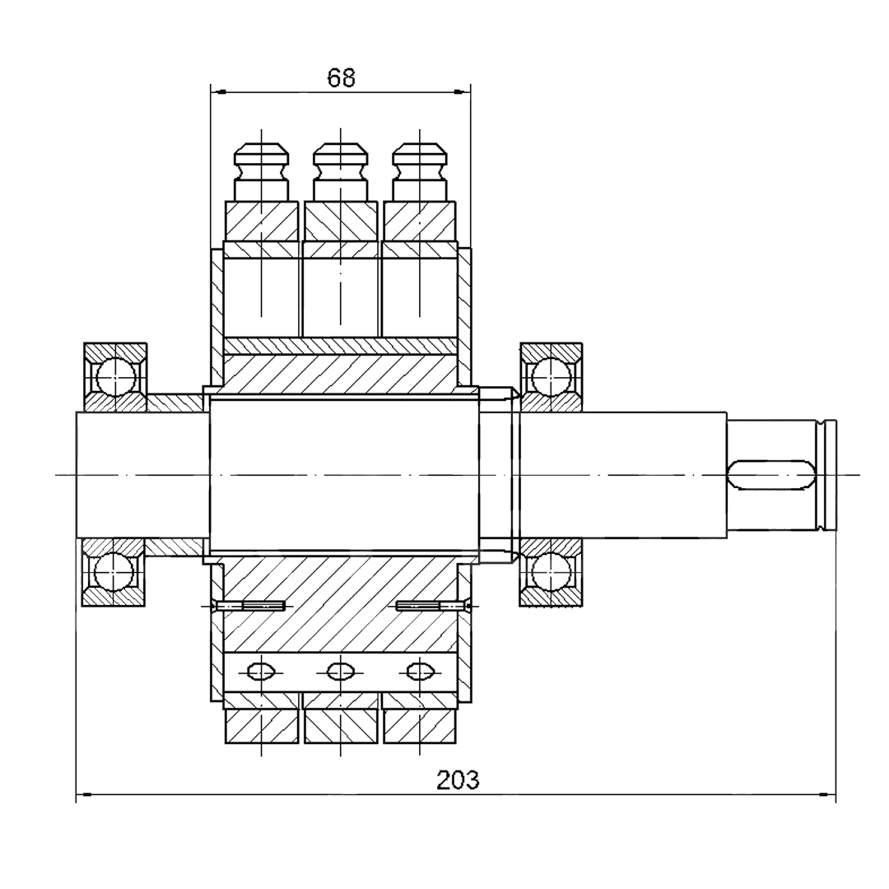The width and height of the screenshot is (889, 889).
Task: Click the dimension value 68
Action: [342, 77]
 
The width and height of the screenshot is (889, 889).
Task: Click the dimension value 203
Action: [458, 780]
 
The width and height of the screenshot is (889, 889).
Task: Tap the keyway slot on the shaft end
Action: [771, 474]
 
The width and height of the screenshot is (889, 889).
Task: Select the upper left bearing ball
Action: [116, 376]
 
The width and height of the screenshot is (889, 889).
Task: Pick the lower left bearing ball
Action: [114, 571]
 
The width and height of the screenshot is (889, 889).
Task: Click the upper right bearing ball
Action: [552, 376]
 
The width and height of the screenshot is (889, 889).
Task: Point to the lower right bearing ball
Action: [552, 571]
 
